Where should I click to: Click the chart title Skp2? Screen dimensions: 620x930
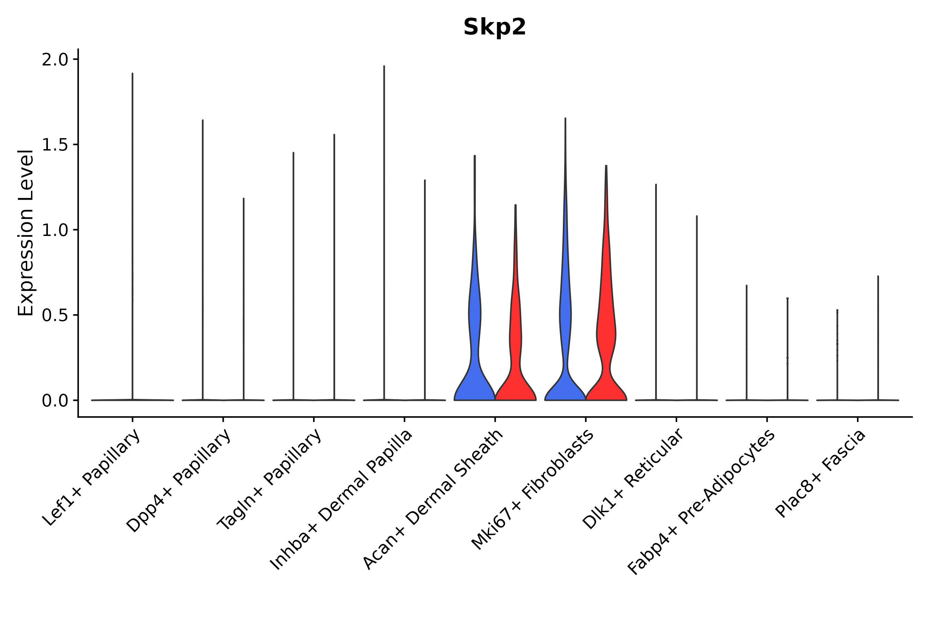tap(494, 27)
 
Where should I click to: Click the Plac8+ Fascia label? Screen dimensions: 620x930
tap(821, 473)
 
